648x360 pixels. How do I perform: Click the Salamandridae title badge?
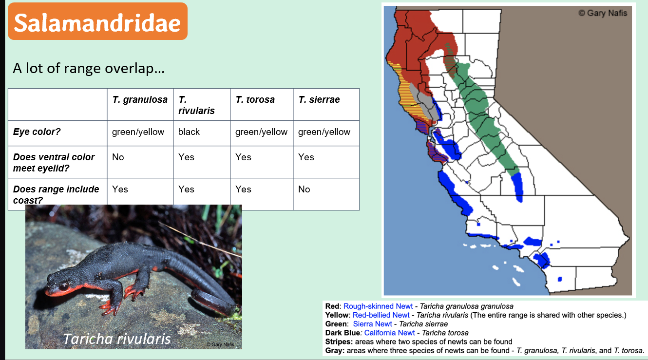pyautogui.click(x=97, y=22)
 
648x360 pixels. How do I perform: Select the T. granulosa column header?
pyautogui.click(x=140, y=100)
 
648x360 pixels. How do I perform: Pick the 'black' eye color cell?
pyautogui.click(x=189, y=132)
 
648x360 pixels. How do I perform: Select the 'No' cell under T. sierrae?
pyautogui.click(x=304, y=189)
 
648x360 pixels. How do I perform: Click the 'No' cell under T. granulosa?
pyautogui.click(x=118, y=157)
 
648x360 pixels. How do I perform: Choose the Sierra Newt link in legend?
pyautogui.click(x=373, y=324)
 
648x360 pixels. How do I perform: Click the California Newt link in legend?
pyautogui.click(x=389, y=333)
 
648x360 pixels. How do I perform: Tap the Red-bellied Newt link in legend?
pyautogui.click(x=381, y=315)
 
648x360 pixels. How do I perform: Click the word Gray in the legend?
pyautogui.click(x=334, y=350)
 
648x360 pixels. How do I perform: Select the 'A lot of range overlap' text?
pyautogui.click(x=88, y=68)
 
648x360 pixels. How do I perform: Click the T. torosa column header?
pyautogui.click(x=255, y=100)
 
